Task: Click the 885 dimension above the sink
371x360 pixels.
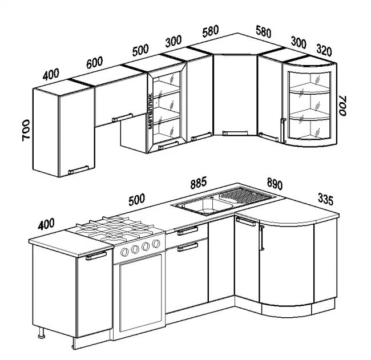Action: pyautogui.click(x=199, y=183)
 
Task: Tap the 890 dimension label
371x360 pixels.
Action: pyautogui.click(x=275, y=184)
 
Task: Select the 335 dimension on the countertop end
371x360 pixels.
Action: pyautogui.click(x=325, y=199)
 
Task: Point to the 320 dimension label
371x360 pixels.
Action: pyautogui.click(x=324, y=50)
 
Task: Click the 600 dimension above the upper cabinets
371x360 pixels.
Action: pyautogui.click(x=94, y=62)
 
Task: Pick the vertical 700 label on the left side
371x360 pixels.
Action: pyautogui.click(x=26, y=130)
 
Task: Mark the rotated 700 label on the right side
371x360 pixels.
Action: pyautogui.click(x=342, y=106)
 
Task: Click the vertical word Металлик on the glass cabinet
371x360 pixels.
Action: pyautogui.click(x=150, y=111)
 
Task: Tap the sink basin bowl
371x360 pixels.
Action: pyautogui.click(x=207, y=207)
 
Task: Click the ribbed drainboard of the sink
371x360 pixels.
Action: pyautogui.click(x=246, y=195)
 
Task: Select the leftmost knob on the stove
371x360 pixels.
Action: pyautogui.click(x=124, y=252)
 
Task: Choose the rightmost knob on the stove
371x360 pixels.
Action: pyautogui.click(x=156, y=244)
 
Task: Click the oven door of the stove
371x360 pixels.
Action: pyautogui.click(x=141, y=293)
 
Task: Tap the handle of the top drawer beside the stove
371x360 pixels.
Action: pyautogui.click(x=188, y=231)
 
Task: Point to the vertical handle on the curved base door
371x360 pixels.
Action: pyautogui.click(x=261, y=238)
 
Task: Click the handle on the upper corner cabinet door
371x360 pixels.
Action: pyautogui.click(x=235, y=133)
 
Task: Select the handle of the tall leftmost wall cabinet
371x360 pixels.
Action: pyautogui.click(x=78, y=170)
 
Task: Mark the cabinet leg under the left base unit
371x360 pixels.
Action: pyautogui.click(x=42, y=333)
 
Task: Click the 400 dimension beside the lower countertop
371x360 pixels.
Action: pyautogui.click(x=46, y=224)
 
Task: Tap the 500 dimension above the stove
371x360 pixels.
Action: pyautogui.click(x=137, y=200)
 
